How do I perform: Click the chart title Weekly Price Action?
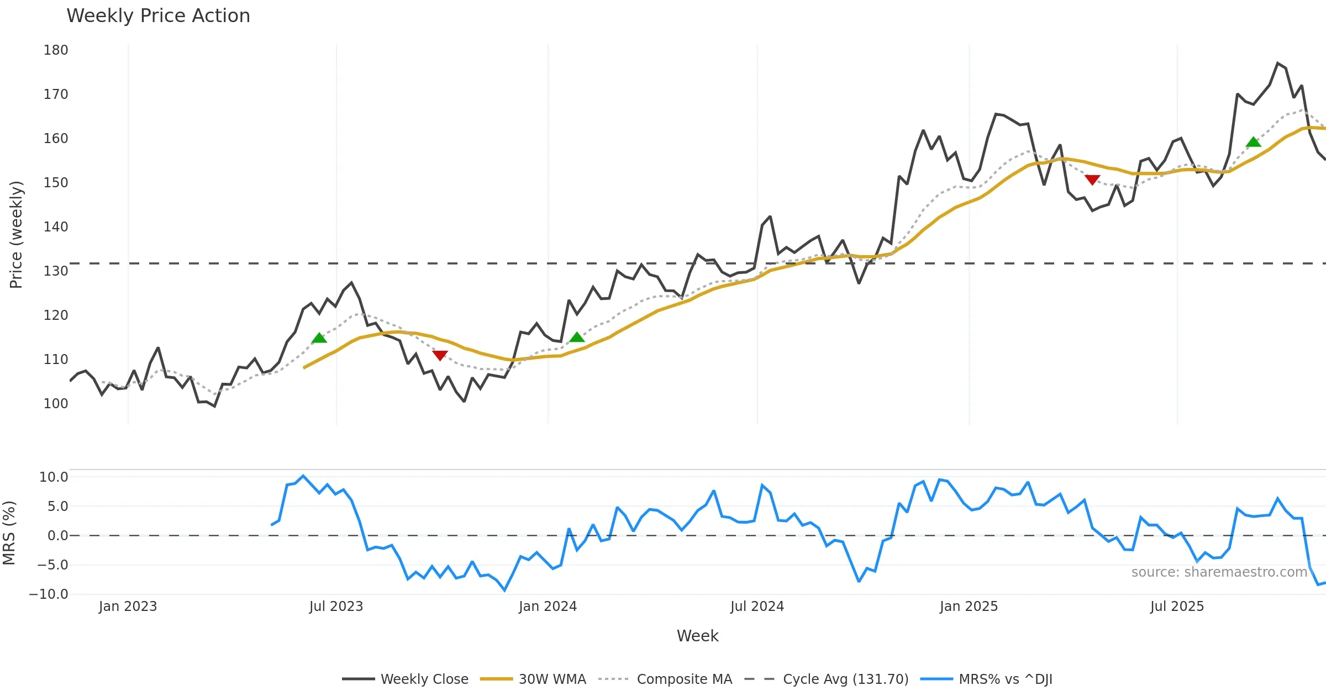click(158, 16)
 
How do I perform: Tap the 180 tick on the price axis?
click(56, 50)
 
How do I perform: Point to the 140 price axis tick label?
click(56, 227)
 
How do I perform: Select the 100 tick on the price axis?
click(56, 404)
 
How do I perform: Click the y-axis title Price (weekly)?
click(16, 235)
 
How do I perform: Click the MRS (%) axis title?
click(9, 533)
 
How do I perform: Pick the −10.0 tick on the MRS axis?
click(49, 594)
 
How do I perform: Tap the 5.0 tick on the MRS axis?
click(57, 507)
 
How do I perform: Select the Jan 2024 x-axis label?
click(548, 607)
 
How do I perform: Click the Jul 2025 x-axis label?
click(1177, 607)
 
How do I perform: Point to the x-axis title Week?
click(697, 636)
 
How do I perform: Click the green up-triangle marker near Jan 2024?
click(577, 337)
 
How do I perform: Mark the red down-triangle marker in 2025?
click(1092, 180)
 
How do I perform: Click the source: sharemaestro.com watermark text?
click(1219, 572)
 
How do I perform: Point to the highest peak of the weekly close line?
click(1278, 64)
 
